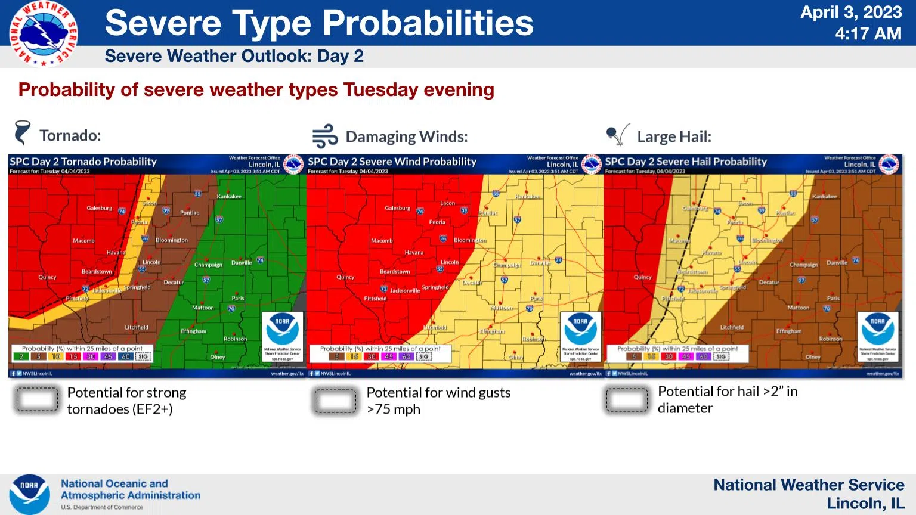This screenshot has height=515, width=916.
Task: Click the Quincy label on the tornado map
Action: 47,277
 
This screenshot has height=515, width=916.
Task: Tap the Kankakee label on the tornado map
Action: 229,197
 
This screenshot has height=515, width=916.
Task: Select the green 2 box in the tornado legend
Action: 21,356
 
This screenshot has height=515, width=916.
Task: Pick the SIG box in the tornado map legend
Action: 143,356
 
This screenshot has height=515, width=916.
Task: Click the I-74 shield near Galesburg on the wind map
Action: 420,212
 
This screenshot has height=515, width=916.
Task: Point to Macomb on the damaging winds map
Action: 382,241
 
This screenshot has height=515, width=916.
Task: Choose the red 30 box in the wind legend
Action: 372,356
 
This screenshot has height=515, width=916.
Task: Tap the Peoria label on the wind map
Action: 437,222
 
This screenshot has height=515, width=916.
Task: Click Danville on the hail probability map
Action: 837,263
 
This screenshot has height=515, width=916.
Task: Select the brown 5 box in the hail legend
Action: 634,356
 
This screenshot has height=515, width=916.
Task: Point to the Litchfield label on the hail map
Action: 732,327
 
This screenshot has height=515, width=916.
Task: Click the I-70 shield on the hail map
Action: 827,309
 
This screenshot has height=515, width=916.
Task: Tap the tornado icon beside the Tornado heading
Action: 22,133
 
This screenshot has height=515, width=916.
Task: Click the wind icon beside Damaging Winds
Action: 325,136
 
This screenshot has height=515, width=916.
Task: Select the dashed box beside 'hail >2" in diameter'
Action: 627,399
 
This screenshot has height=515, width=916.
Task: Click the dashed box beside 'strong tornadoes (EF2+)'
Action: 37,399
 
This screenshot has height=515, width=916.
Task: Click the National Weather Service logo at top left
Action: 43,33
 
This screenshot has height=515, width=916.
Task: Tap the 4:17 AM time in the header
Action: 868,34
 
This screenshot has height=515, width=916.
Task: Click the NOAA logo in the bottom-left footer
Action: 29,494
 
